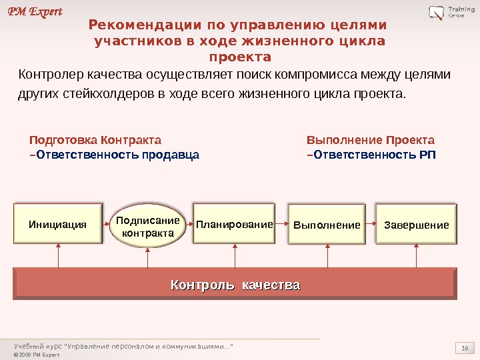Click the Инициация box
pos(58,225)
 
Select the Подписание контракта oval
pos(148,227)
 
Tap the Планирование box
pos(235,225)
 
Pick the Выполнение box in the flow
pos(327,225)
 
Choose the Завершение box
pos(417,225)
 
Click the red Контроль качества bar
pos(235,285)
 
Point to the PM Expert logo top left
pos(35,11)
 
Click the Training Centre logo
pos(447,12)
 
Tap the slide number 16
pos(465,348)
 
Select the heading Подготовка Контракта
pos(95,141)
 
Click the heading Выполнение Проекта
pos(370,141)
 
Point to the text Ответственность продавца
pos(117,156)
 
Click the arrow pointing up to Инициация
pos(59,255)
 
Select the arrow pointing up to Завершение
pos(417,255)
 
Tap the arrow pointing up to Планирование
pos(235,255)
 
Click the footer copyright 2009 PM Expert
pos(37,355)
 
